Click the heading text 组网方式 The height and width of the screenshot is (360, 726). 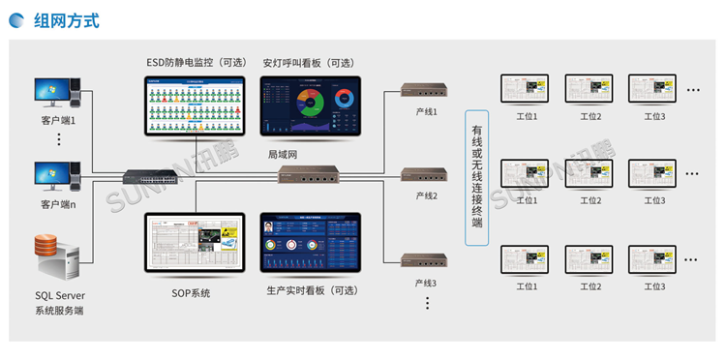66,20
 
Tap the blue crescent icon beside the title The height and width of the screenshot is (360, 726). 19,20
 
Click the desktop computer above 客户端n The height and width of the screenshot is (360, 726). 57,177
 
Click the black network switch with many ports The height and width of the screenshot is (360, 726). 150,176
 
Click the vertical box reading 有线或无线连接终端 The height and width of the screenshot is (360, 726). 476,177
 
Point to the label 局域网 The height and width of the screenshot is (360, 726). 283,154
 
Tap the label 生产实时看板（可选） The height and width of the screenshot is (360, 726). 310,290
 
